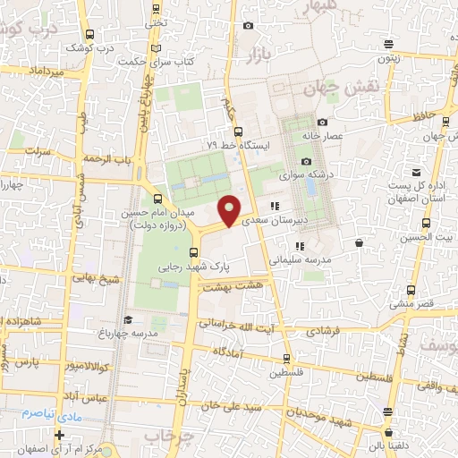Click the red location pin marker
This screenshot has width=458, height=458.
click(x=230, y=211)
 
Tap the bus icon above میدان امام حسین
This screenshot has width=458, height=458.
click(x=159, y=199)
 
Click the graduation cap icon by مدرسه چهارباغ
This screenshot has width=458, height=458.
click(x=127, y=319)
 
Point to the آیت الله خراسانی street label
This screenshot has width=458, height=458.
click(x=242, y=325)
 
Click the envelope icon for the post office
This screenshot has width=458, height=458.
click(x=416, y=173)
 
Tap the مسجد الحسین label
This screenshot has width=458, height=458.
click(x=427, y=237)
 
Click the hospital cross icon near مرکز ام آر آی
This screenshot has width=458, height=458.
click(x=59, y=435)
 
